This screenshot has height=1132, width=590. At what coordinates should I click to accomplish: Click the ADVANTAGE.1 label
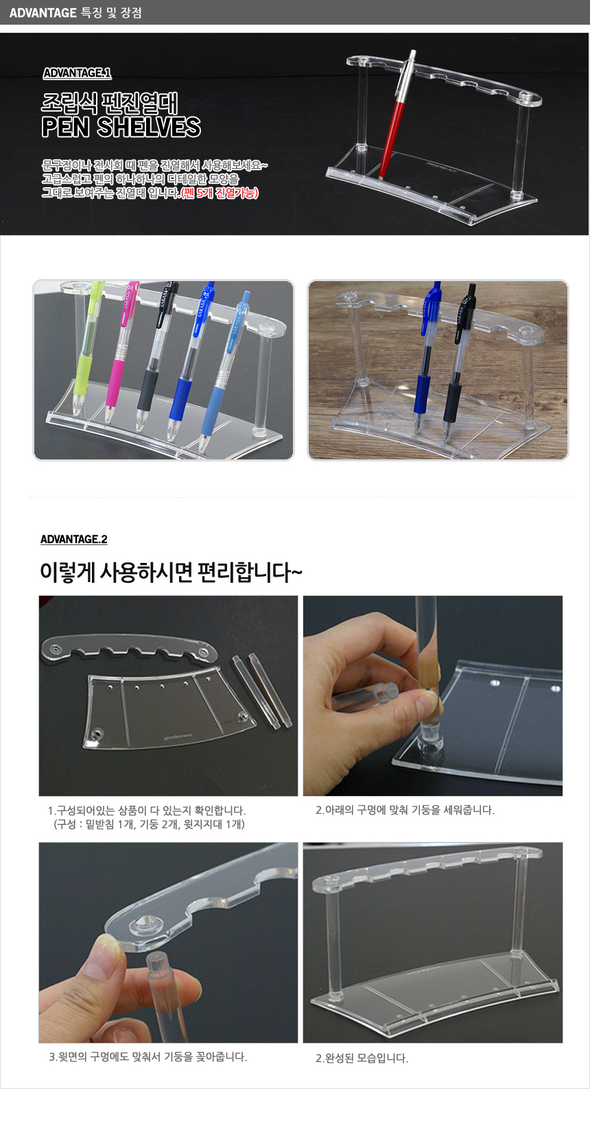pyautogui.click(x=77, y=73)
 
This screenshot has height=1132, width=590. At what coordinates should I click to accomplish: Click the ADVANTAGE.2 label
pyautogui.click(x=74, y=539)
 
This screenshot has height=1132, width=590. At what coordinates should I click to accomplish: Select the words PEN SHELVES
pyautogui.click(x=121, y=127)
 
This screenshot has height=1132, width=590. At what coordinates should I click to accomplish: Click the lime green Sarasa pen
pyautogui.click(x=87, y=349)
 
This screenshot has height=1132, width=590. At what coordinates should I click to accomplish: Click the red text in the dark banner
pyautogui.click(x=220, y=193)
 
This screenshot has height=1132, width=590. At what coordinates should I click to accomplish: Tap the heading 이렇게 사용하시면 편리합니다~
pyautogui.click(x=171, y=573)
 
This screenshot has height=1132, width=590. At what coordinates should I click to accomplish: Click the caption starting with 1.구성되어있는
pyautogui.click(x=147, y=818)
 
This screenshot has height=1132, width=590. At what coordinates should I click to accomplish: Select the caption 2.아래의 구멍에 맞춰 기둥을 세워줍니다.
pyautogui.click(x=405, y=810)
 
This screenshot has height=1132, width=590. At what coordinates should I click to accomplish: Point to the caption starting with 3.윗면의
pyautogui.click(x=147, y=1057)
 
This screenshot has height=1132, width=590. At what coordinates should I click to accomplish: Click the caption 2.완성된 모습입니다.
pyautogui.click(x=362, y=1058)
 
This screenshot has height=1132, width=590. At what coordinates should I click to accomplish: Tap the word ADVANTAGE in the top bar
pyautogui.click(x=43, y=12)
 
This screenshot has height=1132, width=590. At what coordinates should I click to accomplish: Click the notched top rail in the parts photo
pyautogui.click(x=130, y=649)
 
